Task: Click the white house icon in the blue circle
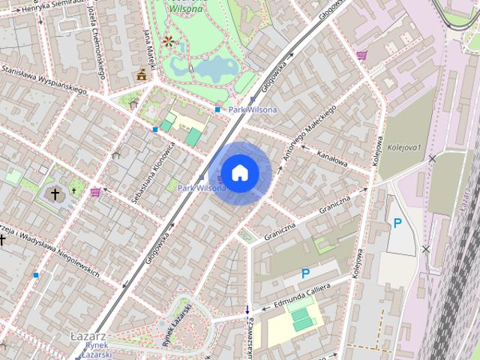point(239,173)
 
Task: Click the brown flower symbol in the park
point(169,40)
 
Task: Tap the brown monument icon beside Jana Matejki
point(141,74)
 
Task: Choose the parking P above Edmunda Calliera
point(306,274)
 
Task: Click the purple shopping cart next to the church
point(95,192)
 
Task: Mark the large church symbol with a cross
point(55,194)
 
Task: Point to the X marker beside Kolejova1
point(431,159)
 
